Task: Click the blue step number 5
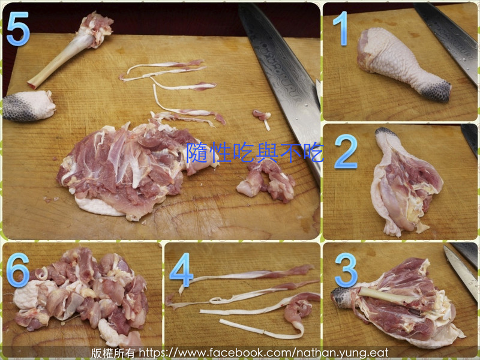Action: pyautogui.click(x=18, y=28)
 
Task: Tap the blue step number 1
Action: pyautogui.click(x=341, y=28)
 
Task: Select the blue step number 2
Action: pyautogui.click(x=346, y=152)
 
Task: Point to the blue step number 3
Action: pyautogui.click(x=346, y=270)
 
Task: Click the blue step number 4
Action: pyautogui.click(x=181, y=270)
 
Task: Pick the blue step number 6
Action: pyautogui.click(x=18, y=270)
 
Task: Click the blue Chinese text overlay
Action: pyautogui.click(x=254, y=152)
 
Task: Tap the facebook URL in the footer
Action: pyautogui.click(x=263, y=353)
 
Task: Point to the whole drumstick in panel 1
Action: pyautogui.click(x=403, y=64)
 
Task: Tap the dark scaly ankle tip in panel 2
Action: pyautogui.click(x=386, y=131)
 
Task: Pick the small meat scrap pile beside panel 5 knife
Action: pyautogui.click(x=266, y=182)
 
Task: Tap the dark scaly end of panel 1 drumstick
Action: pyautogui.click(x=437, y=91)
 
